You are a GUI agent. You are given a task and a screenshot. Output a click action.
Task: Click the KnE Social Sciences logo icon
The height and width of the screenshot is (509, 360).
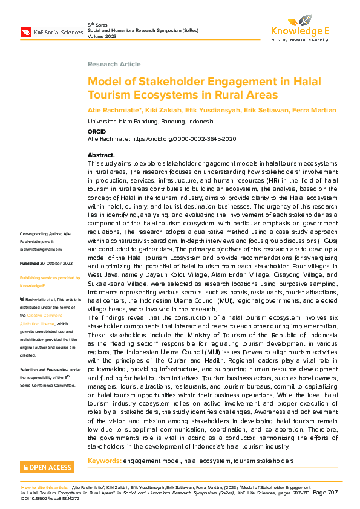tap(26, 31)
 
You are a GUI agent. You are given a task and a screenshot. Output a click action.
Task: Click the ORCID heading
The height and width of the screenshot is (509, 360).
tap(97, 131)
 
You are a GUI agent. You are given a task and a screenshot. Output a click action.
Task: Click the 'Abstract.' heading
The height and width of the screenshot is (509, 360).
tap(101, 155)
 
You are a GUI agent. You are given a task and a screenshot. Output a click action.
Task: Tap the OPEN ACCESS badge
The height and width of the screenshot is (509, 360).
tap(48, 467)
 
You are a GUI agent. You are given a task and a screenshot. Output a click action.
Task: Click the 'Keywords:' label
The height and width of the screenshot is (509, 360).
tap(104, 461)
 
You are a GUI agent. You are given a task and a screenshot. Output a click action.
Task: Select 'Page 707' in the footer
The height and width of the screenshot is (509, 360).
tap(325, 493)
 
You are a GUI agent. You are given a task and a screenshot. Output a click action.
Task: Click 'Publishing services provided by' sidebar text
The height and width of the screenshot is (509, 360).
tap(50, 278)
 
